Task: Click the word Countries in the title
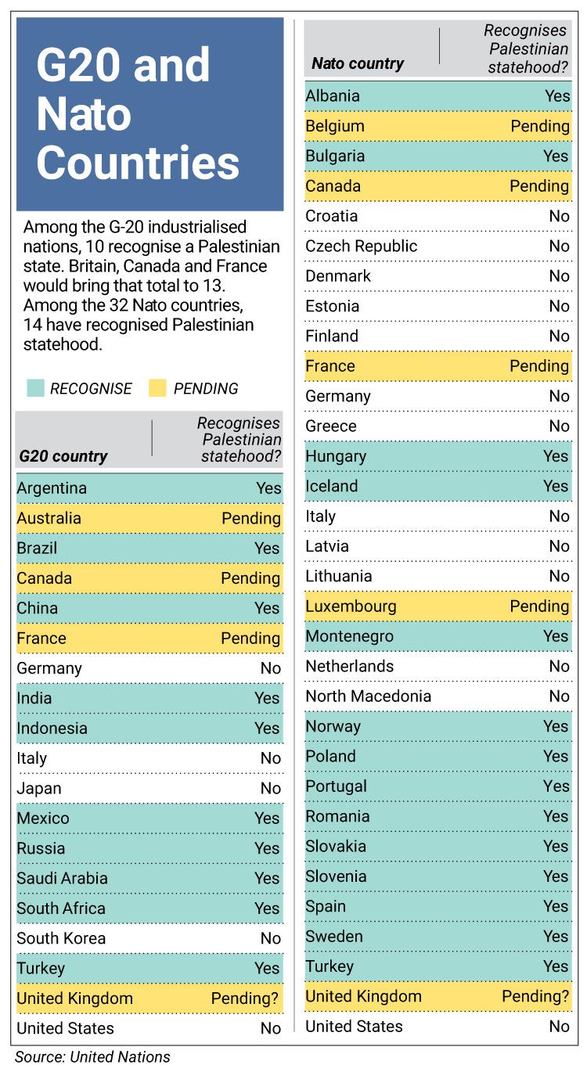[138, 163]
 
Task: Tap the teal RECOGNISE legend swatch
[34, 388]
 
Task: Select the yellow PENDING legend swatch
[157, 388]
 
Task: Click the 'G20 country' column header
[63, 456]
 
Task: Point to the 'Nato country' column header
[358, 63]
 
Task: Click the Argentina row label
[52, 488]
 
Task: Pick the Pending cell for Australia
[250, 518]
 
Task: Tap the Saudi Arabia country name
[62, 878]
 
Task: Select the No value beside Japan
[270, 788]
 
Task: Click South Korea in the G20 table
[61, 938]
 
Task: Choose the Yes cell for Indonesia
[267, 728]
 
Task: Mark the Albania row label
[333, 96]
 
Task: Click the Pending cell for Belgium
[539, 126]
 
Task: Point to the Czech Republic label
[362, 246]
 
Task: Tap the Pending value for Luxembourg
[539, 606]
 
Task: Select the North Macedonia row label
[368, 696]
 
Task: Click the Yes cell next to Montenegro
[556, 636]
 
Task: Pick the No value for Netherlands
[559, 666]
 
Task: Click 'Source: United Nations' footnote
[92, 1056]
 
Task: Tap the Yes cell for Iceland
[556, 486]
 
